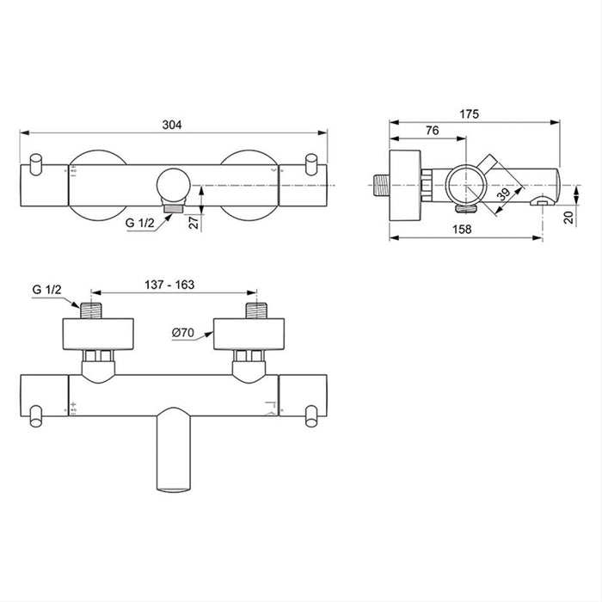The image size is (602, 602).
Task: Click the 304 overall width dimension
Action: (174, 125)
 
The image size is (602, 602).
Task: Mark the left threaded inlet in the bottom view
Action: (92, 310)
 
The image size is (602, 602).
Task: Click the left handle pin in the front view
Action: (36, 164)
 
